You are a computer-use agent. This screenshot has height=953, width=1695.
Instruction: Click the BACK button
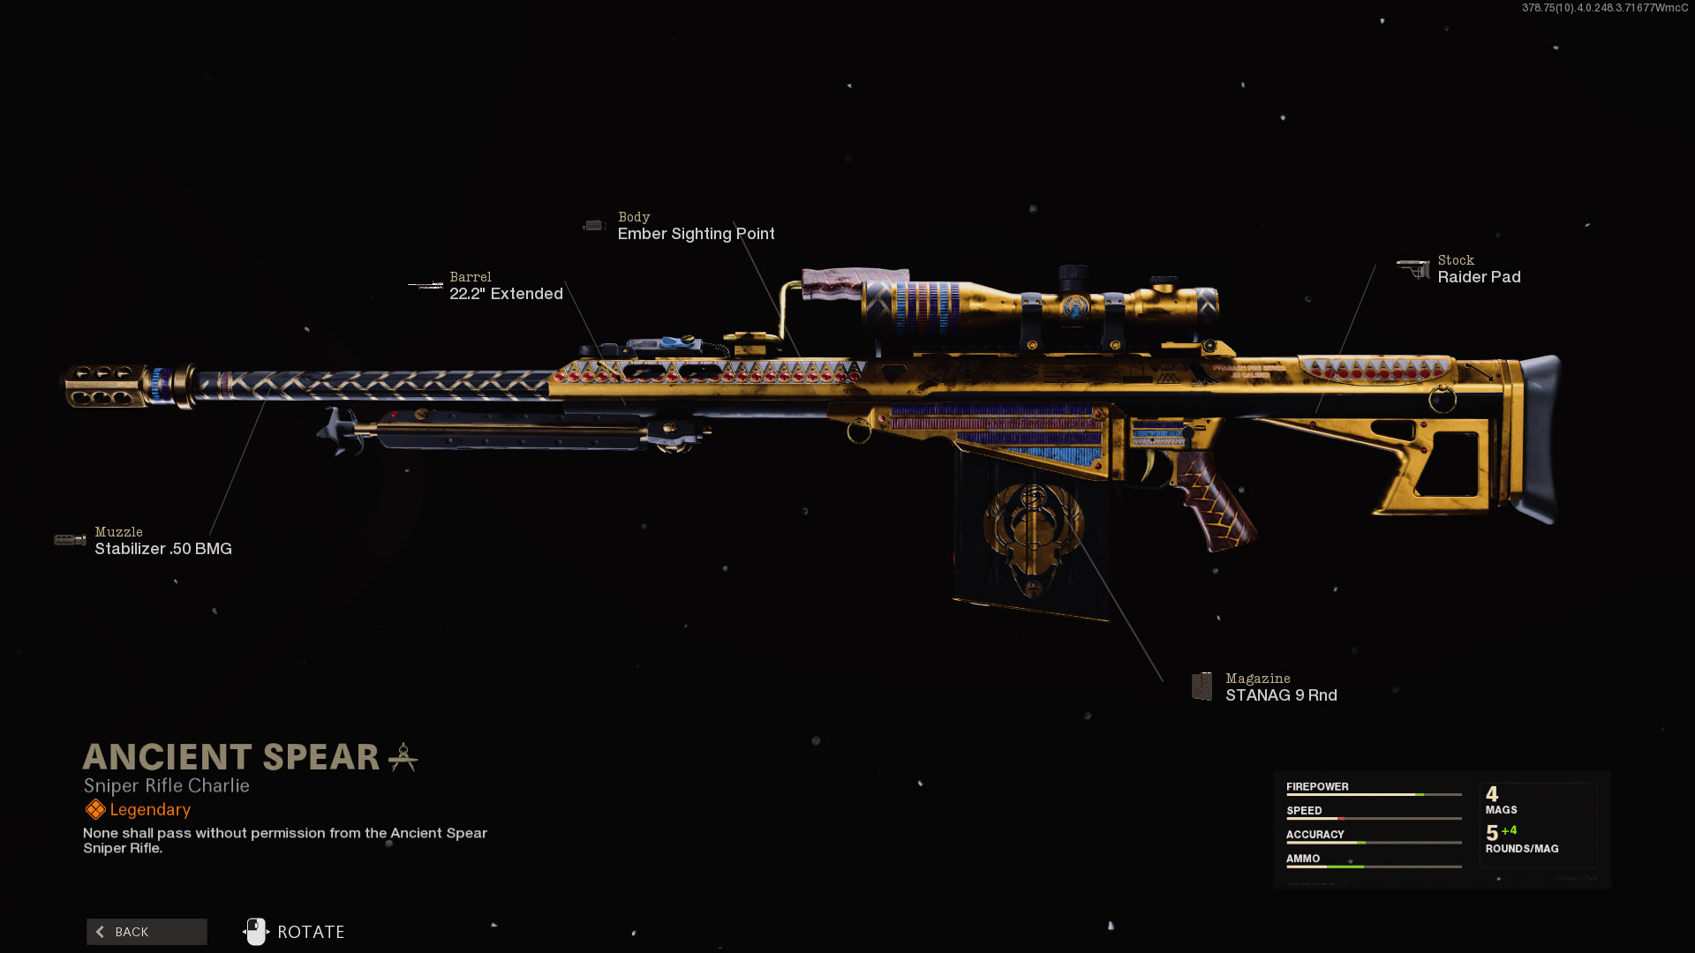pos(147,932)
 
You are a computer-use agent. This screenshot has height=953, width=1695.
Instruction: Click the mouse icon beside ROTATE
pos(256,932)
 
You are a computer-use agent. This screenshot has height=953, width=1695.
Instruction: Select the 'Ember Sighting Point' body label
pos(696,234)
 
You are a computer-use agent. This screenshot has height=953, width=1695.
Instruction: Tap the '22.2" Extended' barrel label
pos(506,294)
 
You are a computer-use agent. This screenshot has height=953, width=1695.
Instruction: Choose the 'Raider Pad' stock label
pos(1479,277)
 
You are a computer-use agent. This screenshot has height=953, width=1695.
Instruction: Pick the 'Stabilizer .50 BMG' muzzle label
pos(163,549)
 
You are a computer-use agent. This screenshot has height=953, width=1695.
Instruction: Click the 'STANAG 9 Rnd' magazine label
pos(1281,695)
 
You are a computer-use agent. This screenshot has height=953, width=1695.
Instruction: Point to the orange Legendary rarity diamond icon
pos(95,809)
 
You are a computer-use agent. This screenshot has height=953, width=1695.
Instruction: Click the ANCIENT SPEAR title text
pos(231,757)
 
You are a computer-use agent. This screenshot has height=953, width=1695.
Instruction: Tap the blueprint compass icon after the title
pos(403,757)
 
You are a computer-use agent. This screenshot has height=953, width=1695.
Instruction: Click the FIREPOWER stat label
pos(1317,787)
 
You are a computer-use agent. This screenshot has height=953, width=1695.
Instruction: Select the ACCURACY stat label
pos(1315,835)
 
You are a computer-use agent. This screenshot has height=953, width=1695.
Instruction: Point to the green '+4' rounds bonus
pos(1509,830)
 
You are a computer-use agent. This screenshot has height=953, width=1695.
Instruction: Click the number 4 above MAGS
pos(1492,794)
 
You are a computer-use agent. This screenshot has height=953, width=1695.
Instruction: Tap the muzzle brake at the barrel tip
pos(104,386)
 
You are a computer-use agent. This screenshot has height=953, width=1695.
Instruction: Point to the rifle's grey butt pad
pos(1539,437)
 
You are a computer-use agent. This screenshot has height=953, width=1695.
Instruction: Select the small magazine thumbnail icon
pos(1202,686)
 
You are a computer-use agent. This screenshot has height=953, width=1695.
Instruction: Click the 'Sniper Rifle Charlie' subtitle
pos(167,786)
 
